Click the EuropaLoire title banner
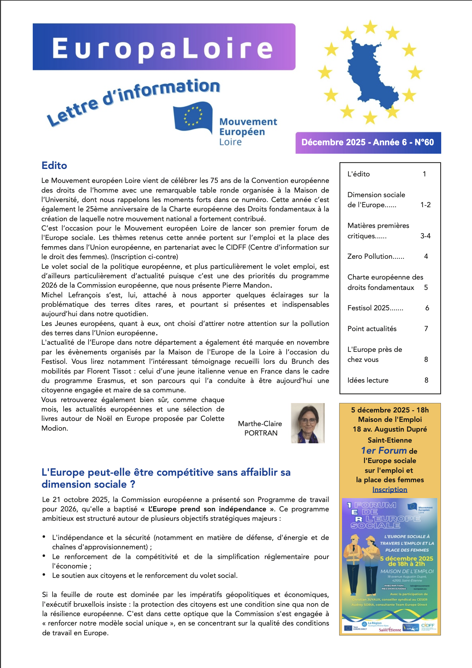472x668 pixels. tap(164, 47)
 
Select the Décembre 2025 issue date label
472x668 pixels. tap(368, 142)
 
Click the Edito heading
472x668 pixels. tap(54, 165)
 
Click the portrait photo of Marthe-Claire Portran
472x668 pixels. tap(308, 423)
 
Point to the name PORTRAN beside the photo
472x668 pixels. tap(261, 433)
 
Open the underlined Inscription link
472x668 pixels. tap(390, 490)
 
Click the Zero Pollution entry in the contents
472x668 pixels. tap(375, 256)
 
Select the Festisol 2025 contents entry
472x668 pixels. tap(375, 308)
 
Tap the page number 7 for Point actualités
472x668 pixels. tap(426, 329)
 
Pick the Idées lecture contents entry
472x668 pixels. tap(368, 380)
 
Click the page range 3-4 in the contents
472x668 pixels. tap(425, 236)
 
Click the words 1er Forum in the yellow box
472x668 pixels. tap(384, 451)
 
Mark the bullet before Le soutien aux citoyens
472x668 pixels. tap(44, 575)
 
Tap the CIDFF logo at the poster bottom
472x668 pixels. tap(428, 626)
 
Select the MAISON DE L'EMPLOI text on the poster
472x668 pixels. tap(407, 571)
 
